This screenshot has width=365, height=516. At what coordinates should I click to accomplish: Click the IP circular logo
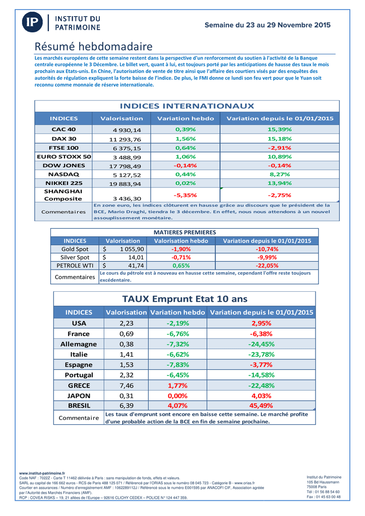33,22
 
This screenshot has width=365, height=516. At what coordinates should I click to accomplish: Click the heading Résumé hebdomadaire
93,47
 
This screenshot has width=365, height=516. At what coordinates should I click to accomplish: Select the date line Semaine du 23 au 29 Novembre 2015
268,25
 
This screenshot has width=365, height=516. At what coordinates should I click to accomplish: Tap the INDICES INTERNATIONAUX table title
187,106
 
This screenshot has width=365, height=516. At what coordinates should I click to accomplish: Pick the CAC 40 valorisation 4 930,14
127,130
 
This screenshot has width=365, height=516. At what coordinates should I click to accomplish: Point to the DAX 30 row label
64,139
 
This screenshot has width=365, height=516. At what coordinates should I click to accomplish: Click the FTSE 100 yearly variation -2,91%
280,148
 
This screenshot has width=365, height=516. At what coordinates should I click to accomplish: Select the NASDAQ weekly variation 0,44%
185,174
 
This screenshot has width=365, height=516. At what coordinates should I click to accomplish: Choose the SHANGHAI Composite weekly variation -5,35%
185,195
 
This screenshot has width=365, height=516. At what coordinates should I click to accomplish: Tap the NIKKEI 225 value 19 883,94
125,183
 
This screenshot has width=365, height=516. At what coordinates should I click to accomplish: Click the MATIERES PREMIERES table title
184,232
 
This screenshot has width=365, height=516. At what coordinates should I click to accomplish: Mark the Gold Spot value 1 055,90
132,249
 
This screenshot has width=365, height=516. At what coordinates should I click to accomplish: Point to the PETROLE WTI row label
75,266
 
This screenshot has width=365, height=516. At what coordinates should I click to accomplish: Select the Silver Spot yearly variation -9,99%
267,257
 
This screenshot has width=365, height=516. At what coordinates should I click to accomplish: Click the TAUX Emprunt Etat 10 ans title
184,299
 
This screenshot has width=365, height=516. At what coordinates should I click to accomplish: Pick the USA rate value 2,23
127,324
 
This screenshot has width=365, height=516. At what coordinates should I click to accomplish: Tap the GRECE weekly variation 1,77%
177,385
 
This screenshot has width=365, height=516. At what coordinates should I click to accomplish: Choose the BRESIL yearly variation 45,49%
261,406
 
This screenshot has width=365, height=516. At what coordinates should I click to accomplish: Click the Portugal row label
79,375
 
